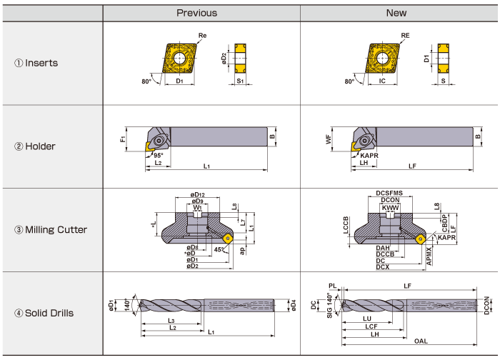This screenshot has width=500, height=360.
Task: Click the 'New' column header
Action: coord(396,13)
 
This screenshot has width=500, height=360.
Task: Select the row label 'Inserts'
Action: coord(36,63)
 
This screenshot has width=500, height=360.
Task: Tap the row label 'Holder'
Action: coord(35,146)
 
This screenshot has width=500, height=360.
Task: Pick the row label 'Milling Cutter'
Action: coord(51,229)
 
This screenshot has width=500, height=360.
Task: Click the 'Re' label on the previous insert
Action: coord(203,35)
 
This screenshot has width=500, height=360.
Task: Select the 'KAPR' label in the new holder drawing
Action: coord(370,154)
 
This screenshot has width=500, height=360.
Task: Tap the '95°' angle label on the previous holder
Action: coord(157,155)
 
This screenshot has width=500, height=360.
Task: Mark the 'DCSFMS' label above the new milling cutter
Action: coord(390,194)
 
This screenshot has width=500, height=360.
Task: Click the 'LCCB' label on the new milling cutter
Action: coord(346,227)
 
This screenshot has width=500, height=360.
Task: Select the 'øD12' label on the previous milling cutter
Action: coord(197,194)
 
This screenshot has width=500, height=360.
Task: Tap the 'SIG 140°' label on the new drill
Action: coord(330,306)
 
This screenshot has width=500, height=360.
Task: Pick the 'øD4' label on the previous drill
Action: coord(294,306)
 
